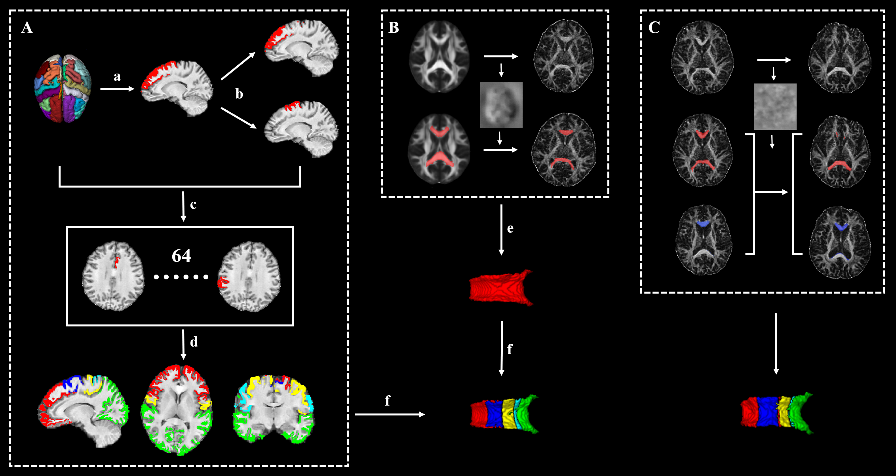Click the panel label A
(x=27, y=28)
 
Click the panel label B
(x=394, y=28)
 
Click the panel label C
(x=654, y=28)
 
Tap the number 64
(x=181, y=256)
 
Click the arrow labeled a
(x=117, y=89)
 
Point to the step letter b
(x=239, y=94)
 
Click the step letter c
(x=193, y=205)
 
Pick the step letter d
(x=194, y=342)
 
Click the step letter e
(x=510, y=228)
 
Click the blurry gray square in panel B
(x=501, y=105)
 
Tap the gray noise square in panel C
(x=775, y=106)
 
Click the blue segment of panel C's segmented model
(x=767, y=412)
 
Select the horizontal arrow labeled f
(x=390, y=414)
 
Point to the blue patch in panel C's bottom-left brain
(x=703, y=223)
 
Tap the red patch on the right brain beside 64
(x=222, y=283)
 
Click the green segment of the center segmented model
(x=528, y=413)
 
